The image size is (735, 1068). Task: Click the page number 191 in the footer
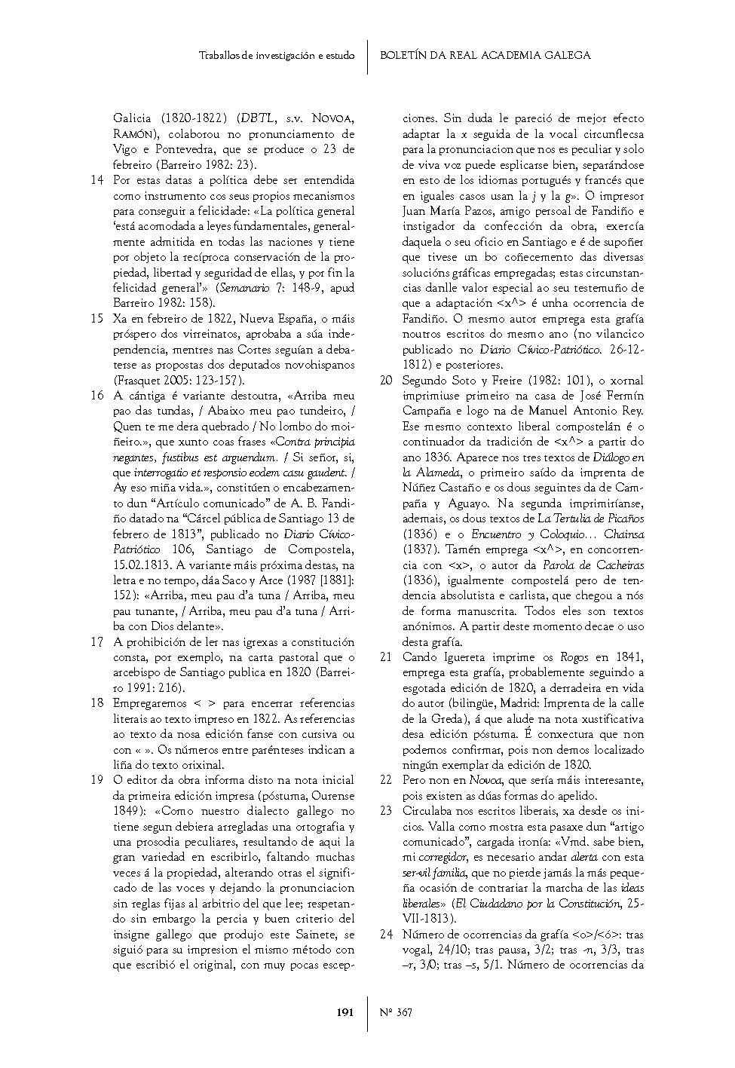pyautogui.click(x=345, y=1013)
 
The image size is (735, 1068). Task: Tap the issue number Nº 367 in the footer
pyautogui.click(x=397, y=1013)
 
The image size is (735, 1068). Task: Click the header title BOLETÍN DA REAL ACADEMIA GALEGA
pyautogui.click(x=485, y=55)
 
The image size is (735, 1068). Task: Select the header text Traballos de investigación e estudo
pyautogui.click(x=277, y=56)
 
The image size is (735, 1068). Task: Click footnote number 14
pyautogui.click(x=96, y=180)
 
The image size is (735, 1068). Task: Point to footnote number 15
pyautogui.click(x=96, y=319)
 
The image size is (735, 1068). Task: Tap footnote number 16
pyautogui.click(x=96, y=396)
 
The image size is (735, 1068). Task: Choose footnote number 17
pyautogui.click(x=96, y=642)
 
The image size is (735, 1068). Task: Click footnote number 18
pyautogui.click(x=96, y=703)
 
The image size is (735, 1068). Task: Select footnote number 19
pyautogui.click(x=96, y=780)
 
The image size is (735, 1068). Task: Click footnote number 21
pyautogui.click(x=385, y=657)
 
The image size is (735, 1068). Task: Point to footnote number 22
pyautogui.click(x=385, y=780)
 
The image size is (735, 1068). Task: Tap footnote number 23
pyautogui.click(x=385, y=811)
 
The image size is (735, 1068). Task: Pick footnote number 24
pyautogui.click(x=385, y=935)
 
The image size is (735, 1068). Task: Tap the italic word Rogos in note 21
pyautogui.click(x=575, y=657)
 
